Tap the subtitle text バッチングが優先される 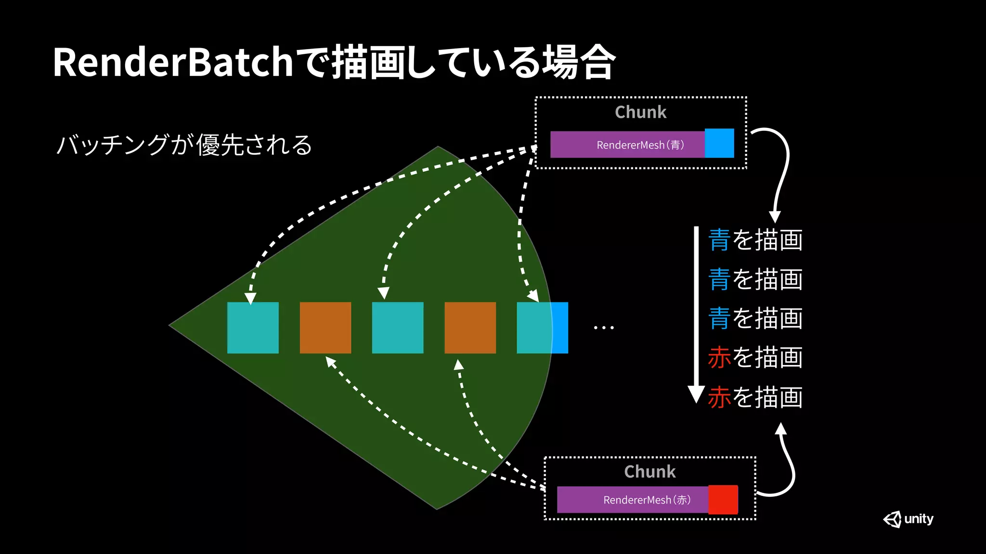tap(184, 145)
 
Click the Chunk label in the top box tap(640, 112)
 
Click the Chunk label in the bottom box tap(649, 472)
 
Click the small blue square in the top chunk tap(719, 143)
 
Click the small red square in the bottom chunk tap(723, 500)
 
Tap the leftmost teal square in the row tap(253, 328)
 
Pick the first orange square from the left tap(325, 328)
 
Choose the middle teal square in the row tap(398, 328)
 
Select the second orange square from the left tap(470, 328)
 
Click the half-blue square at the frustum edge tap(543, 328)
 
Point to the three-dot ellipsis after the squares tap(603, 328)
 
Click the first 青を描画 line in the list tap(755, 240)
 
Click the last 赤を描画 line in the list tap(755, 397)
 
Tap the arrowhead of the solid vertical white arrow tap(696, 393)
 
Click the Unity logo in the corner tap(908, 519)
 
